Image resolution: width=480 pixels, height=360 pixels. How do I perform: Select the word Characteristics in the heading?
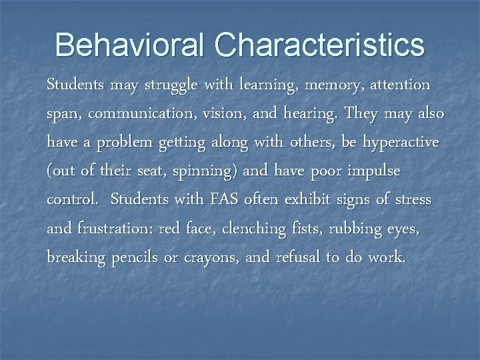point(319,45)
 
